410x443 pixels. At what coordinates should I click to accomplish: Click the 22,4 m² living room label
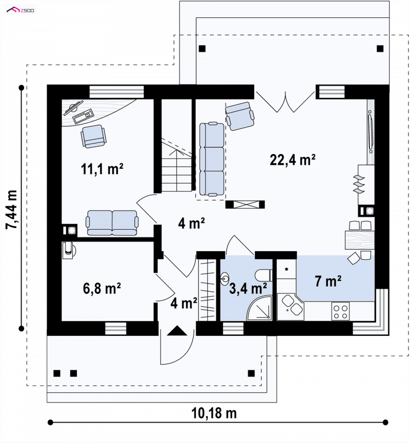[293, 160]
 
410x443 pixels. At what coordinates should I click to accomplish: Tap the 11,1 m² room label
[102, 169]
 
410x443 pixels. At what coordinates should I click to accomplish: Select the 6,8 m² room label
[102, 289]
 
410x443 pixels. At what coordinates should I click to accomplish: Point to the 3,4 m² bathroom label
[248, 289]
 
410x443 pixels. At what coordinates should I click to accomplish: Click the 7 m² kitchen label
[328, 281]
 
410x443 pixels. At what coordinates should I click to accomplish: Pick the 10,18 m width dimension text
[214, 413]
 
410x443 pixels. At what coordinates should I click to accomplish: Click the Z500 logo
[20, 10]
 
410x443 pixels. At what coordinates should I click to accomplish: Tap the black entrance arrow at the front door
[177, 331]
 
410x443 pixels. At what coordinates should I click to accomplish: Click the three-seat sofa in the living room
[212, 159]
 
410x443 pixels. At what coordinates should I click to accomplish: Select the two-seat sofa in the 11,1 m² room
[112, 223]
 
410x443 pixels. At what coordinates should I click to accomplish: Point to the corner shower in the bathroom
[260, 308]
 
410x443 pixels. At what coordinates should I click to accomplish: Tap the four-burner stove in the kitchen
[340, 311]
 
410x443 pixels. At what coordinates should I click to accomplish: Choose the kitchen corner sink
[291, 307]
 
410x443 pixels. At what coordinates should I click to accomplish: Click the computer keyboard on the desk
[83, 116]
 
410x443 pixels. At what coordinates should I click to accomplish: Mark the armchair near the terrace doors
[240, 116]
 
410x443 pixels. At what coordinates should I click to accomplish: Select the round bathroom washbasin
[225, 278]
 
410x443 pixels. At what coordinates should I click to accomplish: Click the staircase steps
[176, 170]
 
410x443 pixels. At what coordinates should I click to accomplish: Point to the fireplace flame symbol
[359, 184]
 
